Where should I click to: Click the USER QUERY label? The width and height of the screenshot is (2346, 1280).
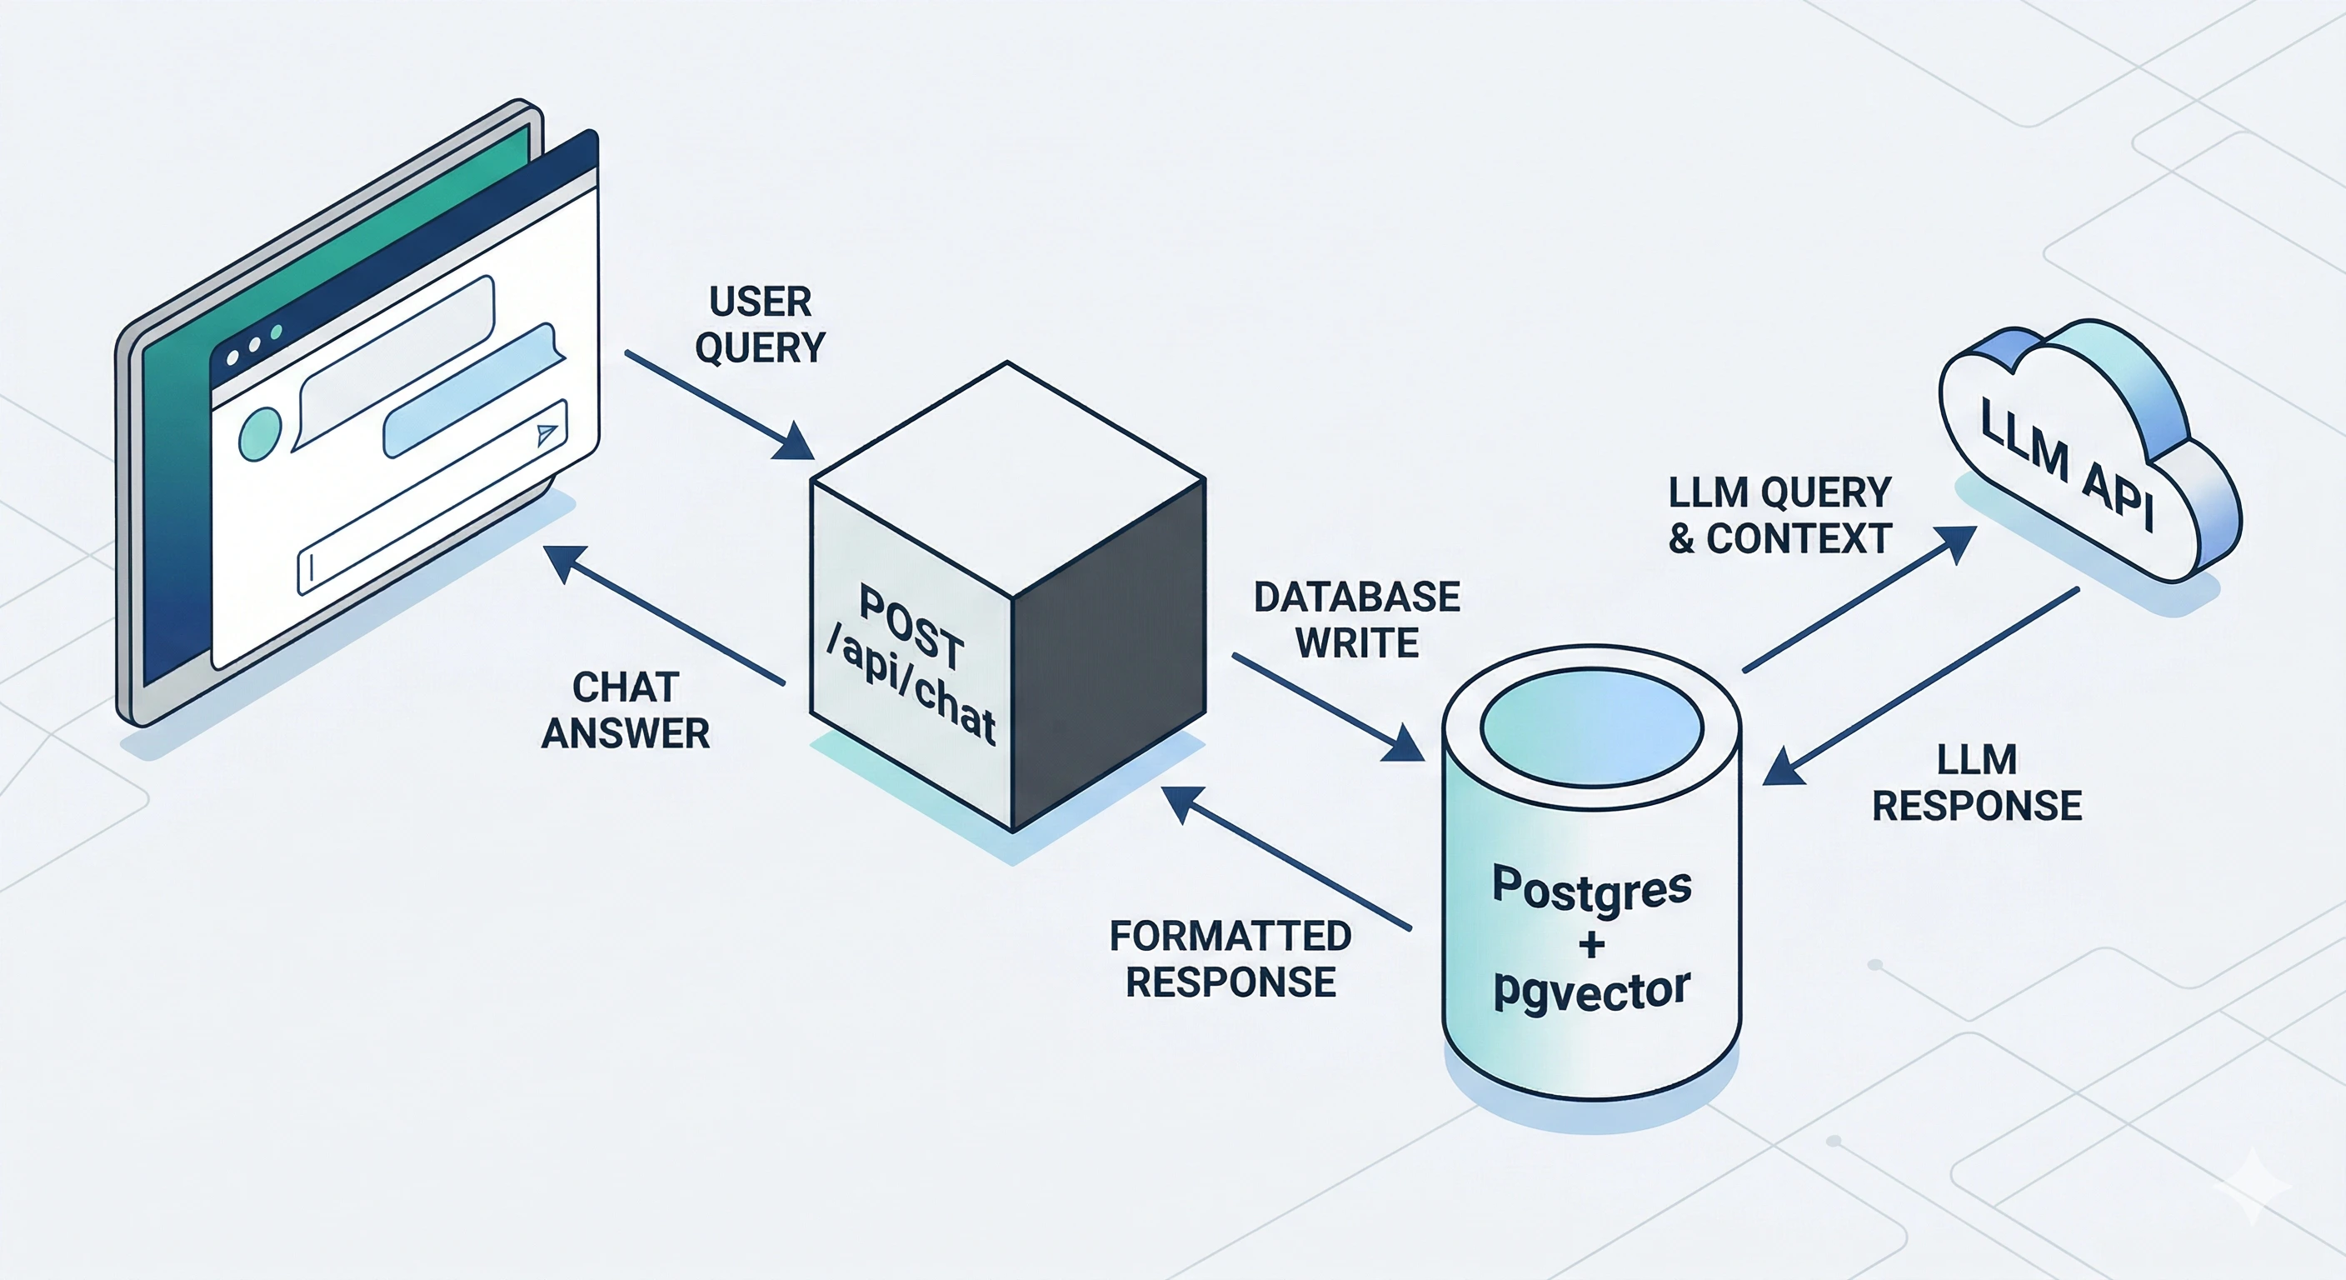click(760, 324)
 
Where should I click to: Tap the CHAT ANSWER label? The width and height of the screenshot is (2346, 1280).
click(626, 711)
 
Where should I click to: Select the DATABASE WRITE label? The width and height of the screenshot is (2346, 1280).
click(1356, 620)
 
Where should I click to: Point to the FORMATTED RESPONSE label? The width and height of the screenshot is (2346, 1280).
click(1230, 959)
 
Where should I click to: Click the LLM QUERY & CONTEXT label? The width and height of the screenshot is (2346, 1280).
click(1779, 516)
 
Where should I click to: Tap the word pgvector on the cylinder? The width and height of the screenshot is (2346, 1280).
click(1591, 990)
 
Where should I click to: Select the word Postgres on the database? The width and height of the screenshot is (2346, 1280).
click(1591, 888)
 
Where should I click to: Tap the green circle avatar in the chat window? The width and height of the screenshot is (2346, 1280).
click(261, 432)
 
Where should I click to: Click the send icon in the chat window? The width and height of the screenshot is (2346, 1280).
click(546, 433)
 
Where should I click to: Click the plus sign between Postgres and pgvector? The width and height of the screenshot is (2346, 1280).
click(1591, 944)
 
